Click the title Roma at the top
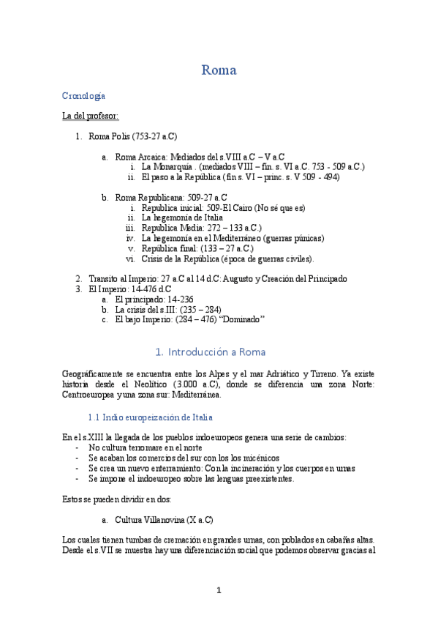(x=219, y=71)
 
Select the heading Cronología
(x=83, y=96)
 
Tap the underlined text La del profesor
(x=90, y=116)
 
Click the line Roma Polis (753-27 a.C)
(x=132, y=136)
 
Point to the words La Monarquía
(x=169, y=167)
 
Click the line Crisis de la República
(x=227, y=259)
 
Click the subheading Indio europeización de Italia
(x=150, y=417)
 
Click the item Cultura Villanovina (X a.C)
(x=164, y=520)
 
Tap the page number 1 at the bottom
(x=218, y=590)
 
